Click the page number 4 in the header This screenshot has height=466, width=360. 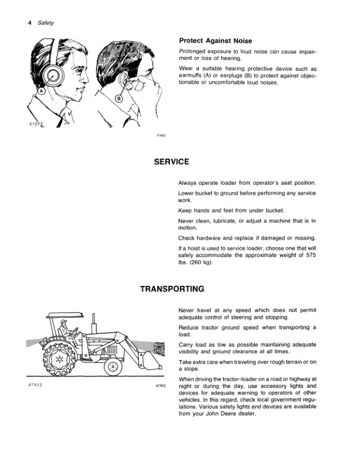pos(29,23)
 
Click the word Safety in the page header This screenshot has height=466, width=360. pos(45,23)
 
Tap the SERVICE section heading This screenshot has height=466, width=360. pos(171,161)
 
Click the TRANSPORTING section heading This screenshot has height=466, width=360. pos(172,289)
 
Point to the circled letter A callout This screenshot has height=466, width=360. pos(42,92)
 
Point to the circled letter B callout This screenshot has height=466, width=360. pos(118,99)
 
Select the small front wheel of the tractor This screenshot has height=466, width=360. pos(112,367)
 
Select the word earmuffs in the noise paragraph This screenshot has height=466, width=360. pos(192,76)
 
